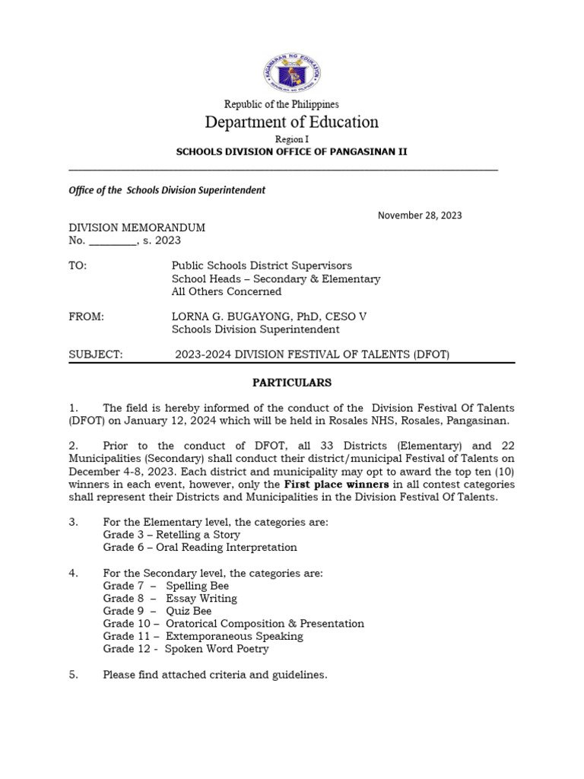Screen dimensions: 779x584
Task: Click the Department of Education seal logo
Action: [x=292, y=74]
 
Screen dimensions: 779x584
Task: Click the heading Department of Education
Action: [x=292, y=122]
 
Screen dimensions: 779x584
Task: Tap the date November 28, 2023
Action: [x=420, y=215]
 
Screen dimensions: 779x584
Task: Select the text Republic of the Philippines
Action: [x=281, y=104]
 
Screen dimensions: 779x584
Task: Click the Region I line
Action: [x=292, y=139]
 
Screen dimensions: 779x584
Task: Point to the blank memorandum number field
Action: [x=113, y=241]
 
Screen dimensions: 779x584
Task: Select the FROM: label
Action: [x=86, y=316]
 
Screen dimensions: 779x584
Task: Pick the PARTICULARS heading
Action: [x=292, y=383]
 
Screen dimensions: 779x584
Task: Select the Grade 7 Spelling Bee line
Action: [x=166, y=586]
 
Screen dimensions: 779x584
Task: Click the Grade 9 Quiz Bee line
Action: [x=157, y=611]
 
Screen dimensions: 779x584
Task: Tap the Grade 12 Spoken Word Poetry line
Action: [x=186, y=649]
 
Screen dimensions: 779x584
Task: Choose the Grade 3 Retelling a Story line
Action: [x=171, y=535]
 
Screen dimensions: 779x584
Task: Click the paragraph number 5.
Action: [x=74, y=674]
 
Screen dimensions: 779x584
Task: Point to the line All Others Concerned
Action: [x=227, y=291]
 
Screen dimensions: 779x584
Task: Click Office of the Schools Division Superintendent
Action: [x=167, y=190]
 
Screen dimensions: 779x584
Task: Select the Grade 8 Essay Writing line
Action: [x=170, y=599]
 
